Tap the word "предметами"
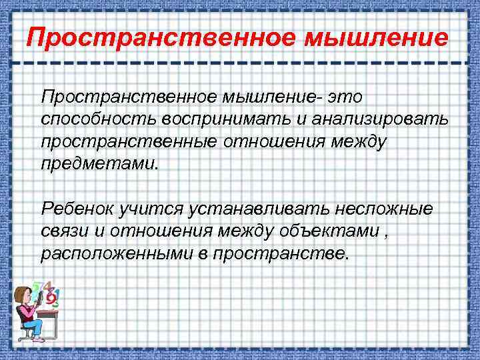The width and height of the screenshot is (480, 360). click(99, 164)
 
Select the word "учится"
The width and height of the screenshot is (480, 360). click(150, 209)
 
